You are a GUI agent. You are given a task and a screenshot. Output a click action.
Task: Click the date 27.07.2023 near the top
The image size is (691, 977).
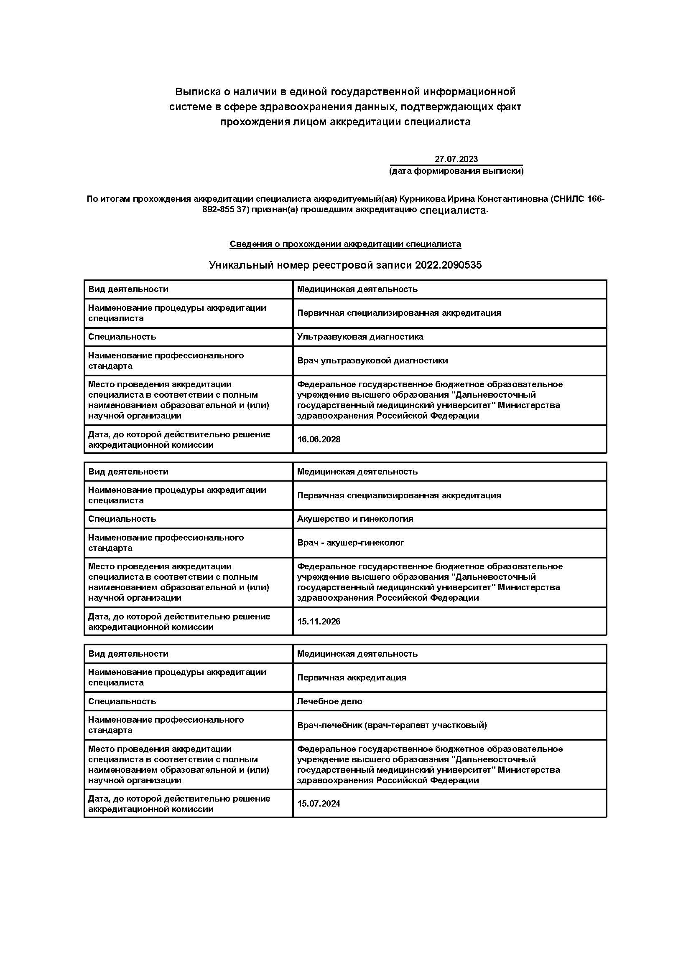(x=456, y=159)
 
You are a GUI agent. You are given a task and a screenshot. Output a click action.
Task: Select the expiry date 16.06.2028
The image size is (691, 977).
(x=319, y=439)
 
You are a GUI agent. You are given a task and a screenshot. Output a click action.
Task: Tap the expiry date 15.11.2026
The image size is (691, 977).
(x=319, y=622)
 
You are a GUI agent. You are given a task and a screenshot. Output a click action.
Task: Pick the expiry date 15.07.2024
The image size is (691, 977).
(x=319, y=804)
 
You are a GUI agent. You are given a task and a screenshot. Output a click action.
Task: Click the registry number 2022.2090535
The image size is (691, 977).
(x=448, y=265)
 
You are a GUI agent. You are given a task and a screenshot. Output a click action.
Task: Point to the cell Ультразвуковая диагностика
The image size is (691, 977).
(x=360, y=337)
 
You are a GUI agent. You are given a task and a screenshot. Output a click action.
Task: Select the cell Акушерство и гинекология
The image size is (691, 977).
(x=355, y=519)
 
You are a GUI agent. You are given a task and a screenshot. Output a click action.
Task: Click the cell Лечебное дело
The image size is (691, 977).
(x=329, y=701)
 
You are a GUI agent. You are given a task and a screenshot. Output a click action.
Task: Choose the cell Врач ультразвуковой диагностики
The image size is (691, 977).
(x=372, y=361)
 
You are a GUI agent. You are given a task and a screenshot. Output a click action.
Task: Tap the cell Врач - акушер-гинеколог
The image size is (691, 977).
(x=351, y=543)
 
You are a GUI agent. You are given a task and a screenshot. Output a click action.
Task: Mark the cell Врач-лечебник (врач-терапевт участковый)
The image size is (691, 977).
(x=392, y=725)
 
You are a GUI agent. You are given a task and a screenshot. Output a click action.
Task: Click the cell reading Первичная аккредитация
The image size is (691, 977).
(x=352, y=678)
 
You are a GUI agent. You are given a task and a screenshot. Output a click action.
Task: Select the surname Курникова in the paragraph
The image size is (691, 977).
(x=422, y=199)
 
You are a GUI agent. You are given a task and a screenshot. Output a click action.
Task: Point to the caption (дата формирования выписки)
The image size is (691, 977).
(x=456, y=171)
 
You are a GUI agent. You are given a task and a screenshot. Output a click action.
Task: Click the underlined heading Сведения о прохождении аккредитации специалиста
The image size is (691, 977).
(x=345, y=244)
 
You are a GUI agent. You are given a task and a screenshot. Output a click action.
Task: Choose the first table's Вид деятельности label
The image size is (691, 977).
(x=128, y=289)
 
